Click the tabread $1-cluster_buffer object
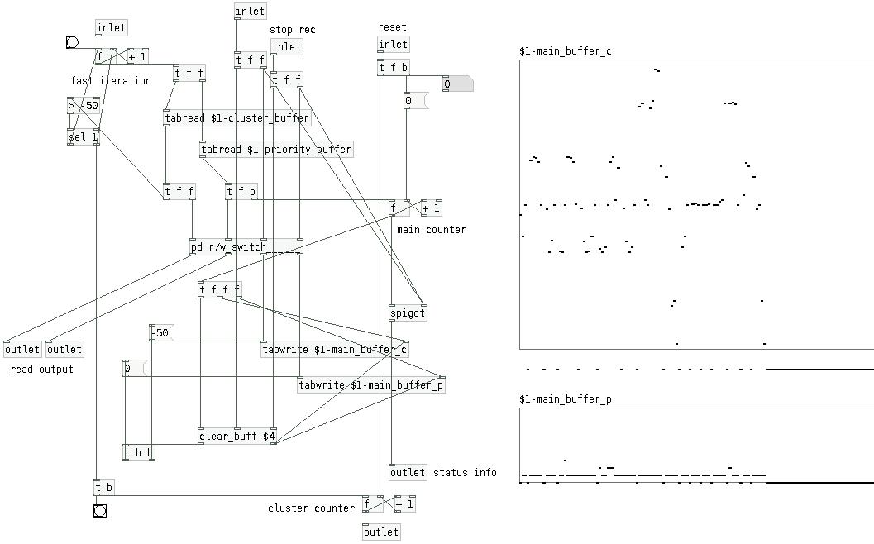(x=237, y=118)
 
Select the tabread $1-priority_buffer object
(x=276, y=150)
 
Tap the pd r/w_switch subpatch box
(x=229, y=246)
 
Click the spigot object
(x=408, y=313)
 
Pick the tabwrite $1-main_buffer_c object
(x=334, y=350)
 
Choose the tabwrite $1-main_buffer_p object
(x=371, y=385)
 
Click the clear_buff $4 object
(x=237, y=437)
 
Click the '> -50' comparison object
(x=83, y=105)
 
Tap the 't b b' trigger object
(x=138, y=453)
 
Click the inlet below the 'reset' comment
(x=394, y=45)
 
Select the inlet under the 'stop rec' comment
(x=287, y=47)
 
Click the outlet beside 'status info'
(x=408, y=473)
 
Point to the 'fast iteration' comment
(x=111, y=81)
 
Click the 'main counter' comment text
(x=431, y=230)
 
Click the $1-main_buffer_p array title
(x=566, y=399)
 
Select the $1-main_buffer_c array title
(x=566, y=51)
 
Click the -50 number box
(x=160, y=333)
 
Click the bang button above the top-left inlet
(x=73, y=42)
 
